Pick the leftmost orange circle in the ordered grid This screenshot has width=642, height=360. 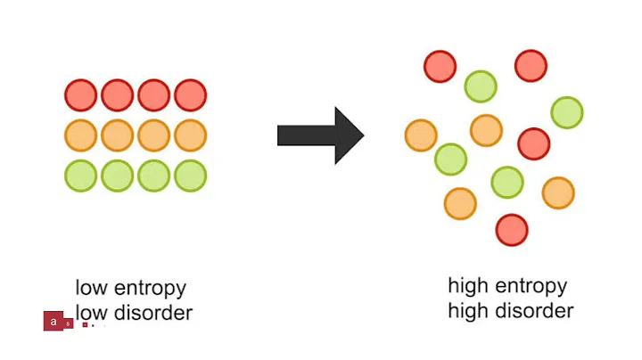pyautogui.click(x=80, y=135)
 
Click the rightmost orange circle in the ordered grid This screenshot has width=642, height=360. pyautogui.click(x=190, y=135)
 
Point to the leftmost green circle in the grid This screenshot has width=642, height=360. pyautogui.click(x=80, y=176)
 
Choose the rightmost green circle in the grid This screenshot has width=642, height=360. pyautogui.click(x=190, y=176)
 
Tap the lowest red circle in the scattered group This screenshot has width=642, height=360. pyautogui.click(x=512, y=230)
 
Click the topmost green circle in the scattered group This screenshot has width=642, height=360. pyautogui.click(x=480, y=86)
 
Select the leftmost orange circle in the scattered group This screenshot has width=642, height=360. pyautogui.click(x=420, y=135)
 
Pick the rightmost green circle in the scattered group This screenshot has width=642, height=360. pyautogui.click(x=567, y=112)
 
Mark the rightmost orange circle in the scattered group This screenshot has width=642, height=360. pyautogui.click(x=558, y=192)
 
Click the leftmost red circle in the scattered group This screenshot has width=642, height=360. pyautogui.click(x=440, y=65)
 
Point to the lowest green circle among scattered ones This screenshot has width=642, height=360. pyautogui.click(x=506, y=182)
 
